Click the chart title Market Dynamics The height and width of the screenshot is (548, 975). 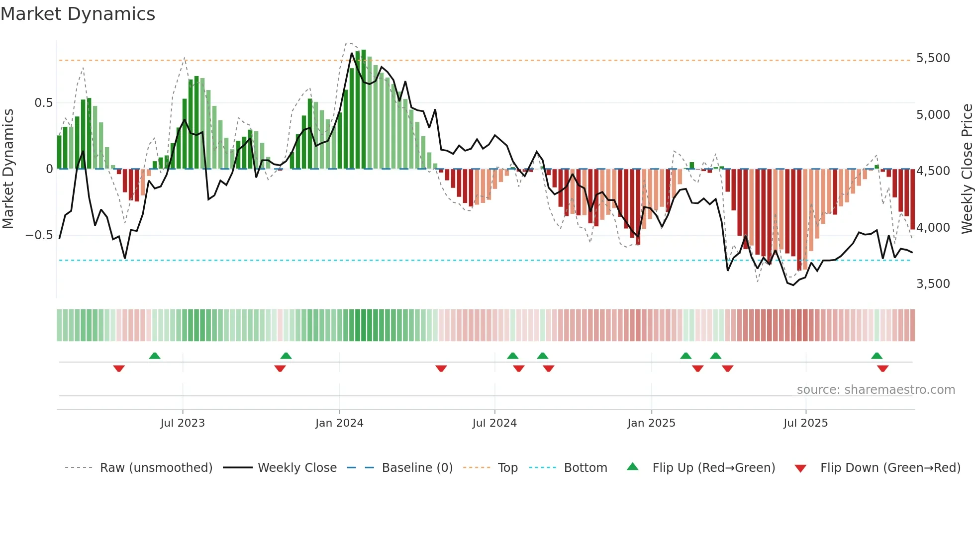click(x=78, y=14)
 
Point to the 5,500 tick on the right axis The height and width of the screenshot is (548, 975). click(x=933, y=58)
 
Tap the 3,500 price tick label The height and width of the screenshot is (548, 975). click(x=933, y=284)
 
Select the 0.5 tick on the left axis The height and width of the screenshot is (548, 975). click(x=43, y=103)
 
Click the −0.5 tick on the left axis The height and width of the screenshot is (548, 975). click(x=39, y=235)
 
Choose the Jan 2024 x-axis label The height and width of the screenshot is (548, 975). click(x=339, y=423)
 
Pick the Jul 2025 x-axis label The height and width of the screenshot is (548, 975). click(x=805, y=423)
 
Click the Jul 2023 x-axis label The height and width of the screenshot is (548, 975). click(x=183, y=423)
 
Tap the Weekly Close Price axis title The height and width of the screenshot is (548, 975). click(x=967, y=169)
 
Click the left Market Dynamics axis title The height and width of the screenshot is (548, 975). click(x=8, y=169)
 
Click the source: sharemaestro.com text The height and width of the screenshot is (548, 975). click(x=876, y=390)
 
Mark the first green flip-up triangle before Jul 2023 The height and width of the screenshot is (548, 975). click(x=155, y=356)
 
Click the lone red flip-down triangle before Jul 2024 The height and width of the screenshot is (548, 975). click(x=441, y=368)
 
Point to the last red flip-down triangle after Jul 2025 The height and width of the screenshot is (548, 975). click(x=882, y=368)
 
